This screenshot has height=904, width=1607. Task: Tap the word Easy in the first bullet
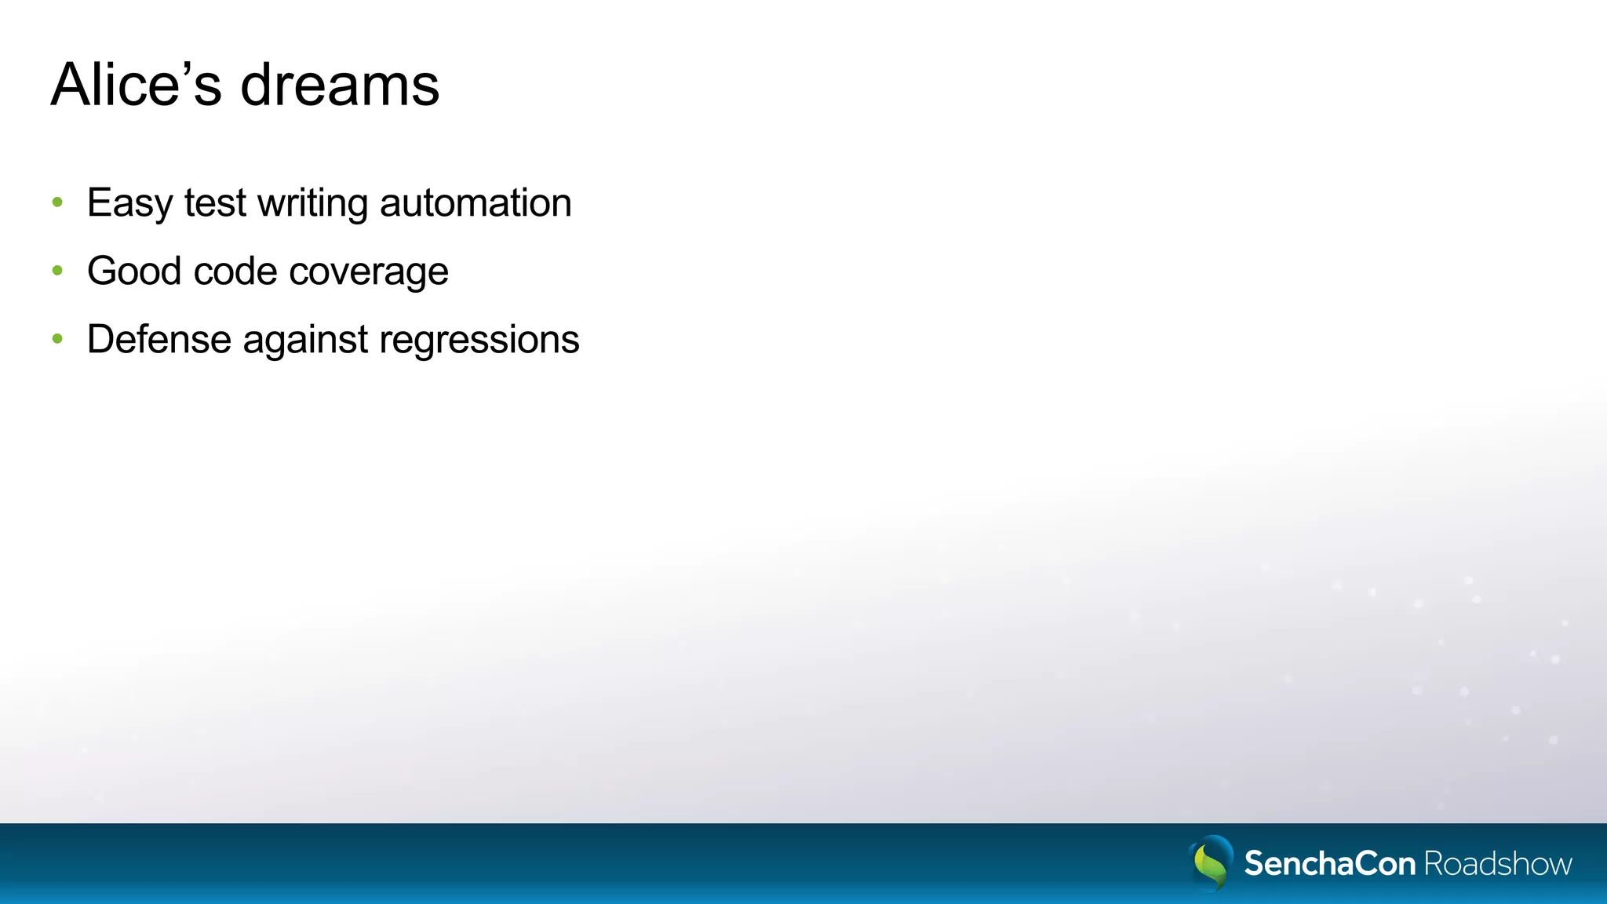[129, 204]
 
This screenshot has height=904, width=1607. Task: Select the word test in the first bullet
[216, 203]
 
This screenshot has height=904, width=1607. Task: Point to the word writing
[313, 204]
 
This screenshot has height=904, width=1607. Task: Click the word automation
[476, 203]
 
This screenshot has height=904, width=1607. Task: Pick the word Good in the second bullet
[134, 272]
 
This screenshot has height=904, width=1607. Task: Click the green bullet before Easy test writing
[57, 202]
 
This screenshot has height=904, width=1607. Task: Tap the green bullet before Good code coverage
[57, 271]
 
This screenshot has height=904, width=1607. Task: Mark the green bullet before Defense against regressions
[57, 339]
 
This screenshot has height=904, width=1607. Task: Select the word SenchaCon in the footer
[1330, 863]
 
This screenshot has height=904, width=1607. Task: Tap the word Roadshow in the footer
[1498, 863]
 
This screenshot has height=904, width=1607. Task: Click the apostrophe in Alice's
[185, 68]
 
